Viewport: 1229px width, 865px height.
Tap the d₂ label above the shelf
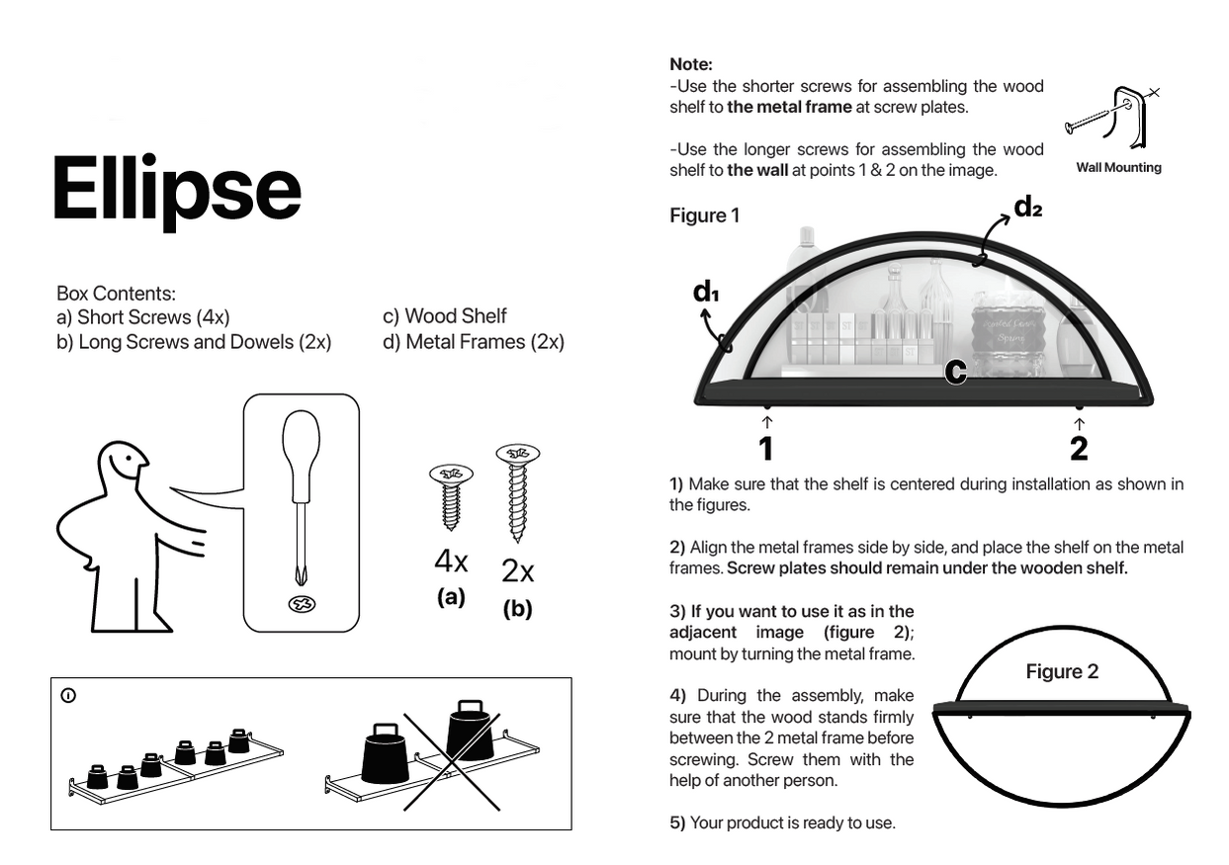(x=1027, y=208)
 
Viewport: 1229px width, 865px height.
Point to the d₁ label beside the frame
(x=706, y=292)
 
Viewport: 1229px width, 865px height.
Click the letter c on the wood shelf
(x=955, y=372)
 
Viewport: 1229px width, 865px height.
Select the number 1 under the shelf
(x=766, y=449)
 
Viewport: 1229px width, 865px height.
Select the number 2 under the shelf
(x=1079, y=449)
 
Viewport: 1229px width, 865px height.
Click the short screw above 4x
(x=451, y=497)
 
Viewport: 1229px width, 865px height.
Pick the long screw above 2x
(x=517, y=492)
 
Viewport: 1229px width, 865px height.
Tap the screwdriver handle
(x=301, y=456)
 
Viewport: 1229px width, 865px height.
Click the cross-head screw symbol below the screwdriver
(x=302, y=604)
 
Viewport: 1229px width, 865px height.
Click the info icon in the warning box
(x=68, y=696)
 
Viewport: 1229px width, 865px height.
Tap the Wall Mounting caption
(x=1118, y=167)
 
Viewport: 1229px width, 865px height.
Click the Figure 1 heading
(x=705, y=216)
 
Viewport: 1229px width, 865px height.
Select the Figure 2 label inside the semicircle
(x=1062, y=671)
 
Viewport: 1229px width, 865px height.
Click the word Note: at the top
(x=691, y=64)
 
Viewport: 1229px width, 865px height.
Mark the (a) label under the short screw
(x=451, y=597)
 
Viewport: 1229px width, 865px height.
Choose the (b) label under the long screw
(x=517, y=608)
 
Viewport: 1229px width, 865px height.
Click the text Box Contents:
(x=117, y=294)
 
